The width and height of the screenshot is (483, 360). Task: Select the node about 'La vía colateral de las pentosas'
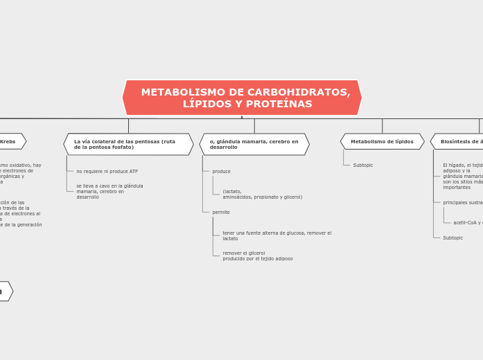pos(128,144)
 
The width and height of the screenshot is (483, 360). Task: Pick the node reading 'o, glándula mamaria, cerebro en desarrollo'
pos(254,144)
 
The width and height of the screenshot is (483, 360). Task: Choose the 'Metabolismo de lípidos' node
pos(382,141)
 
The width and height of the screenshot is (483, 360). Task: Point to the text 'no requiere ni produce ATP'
pos(107,171)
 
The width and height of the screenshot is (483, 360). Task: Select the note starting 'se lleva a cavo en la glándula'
pos(109,191)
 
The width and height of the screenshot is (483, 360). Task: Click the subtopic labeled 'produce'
pos(221,171)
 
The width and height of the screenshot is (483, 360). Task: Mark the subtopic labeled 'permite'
pos(221,212)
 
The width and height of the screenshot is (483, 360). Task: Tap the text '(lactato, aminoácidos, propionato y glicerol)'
pos(262,194)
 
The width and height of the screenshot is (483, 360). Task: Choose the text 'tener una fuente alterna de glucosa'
pos(276,235)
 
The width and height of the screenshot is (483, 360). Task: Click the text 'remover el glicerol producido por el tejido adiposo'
pos(257,255)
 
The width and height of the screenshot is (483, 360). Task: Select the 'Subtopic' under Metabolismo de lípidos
pos(362,165)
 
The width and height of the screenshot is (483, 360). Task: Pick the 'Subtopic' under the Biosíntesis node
pos(453,237)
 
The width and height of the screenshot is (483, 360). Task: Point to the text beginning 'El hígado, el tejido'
pos(462,176)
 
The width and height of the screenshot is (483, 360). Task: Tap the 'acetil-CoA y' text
pos(468,222)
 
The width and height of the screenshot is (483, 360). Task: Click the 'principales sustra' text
pos(463,202)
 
